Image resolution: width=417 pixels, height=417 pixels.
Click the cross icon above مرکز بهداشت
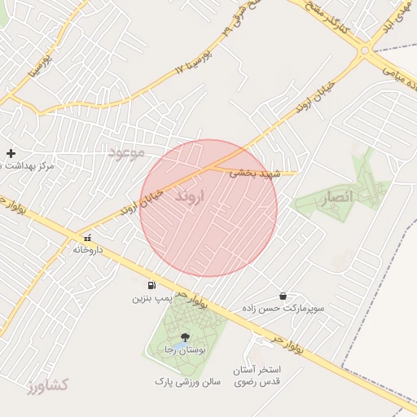click(x=11, y=153)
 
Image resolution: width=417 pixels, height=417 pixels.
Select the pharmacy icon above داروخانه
click(x=87, y=238)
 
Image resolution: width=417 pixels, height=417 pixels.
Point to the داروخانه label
click(x=90, y=249)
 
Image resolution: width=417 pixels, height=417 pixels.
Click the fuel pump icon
click(x=151, y=286)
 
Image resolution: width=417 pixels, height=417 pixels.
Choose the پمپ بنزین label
click(x=153, y=299)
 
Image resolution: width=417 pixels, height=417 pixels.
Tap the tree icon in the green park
click(x=185, y=336)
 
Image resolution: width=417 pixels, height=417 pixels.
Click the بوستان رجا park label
click(x=187, y=349)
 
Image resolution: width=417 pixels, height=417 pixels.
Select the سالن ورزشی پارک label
click(x=187, y=381)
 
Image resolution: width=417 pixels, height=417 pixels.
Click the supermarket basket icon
click(x=283, y=296)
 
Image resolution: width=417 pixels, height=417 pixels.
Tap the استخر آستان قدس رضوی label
click(x=257, y=375)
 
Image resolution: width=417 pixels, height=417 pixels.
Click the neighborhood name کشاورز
click(x=48, y=384)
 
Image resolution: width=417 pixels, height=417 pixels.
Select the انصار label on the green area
click(x=336, y=197)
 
